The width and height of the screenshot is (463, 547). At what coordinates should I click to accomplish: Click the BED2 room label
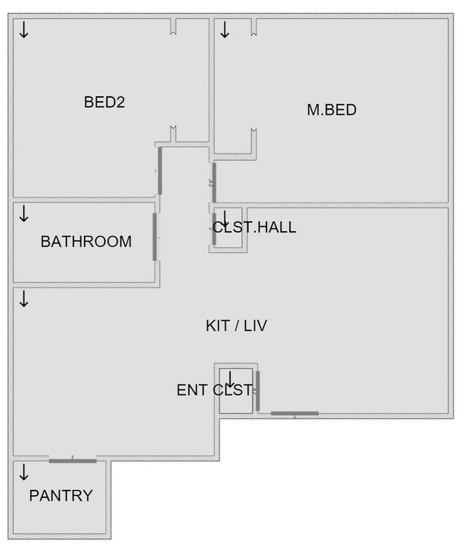pos(105,102)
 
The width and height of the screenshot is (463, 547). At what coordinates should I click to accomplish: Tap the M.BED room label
pos(331,110)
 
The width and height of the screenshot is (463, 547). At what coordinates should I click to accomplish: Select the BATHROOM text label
pos(85,241)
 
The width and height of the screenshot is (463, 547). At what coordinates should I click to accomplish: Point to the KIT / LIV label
pos(236,326)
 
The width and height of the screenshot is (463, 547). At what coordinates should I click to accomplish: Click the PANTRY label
pos(61,495)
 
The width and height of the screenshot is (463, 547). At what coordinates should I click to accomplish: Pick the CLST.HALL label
pos(254,228)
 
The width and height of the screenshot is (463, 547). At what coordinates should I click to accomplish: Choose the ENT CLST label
pos(214,390)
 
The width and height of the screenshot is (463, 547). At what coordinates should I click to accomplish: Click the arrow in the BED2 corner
pos(24,30)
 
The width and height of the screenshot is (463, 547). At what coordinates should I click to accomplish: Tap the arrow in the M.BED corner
pos(224,30)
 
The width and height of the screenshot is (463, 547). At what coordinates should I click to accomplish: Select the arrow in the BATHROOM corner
pos(24,213)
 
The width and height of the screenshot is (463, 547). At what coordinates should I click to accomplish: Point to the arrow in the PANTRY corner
pos(24,472)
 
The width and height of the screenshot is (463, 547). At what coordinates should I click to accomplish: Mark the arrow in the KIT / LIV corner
pos(24,298)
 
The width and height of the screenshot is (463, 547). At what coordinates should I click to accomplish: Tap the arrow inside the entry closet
pos(231,379)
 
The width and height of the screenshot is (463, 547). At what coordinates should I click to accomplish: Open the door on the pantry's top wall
pos(73,461)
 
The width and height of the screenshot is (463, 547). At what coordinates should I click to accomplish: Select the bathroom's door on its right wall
pos(155,237)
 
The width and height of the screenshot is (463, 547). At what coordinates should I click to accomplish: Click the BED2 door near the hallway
pos(160,170)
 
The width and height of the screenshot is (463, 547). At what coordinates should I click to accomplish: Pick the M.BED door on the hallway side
pos(214,182)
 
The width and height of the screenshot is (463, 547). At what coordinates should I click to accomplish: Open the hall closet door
pos(214,228)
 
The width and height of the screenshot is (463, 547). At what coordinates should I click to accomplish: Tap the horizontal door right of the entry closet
pos(294,413)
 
